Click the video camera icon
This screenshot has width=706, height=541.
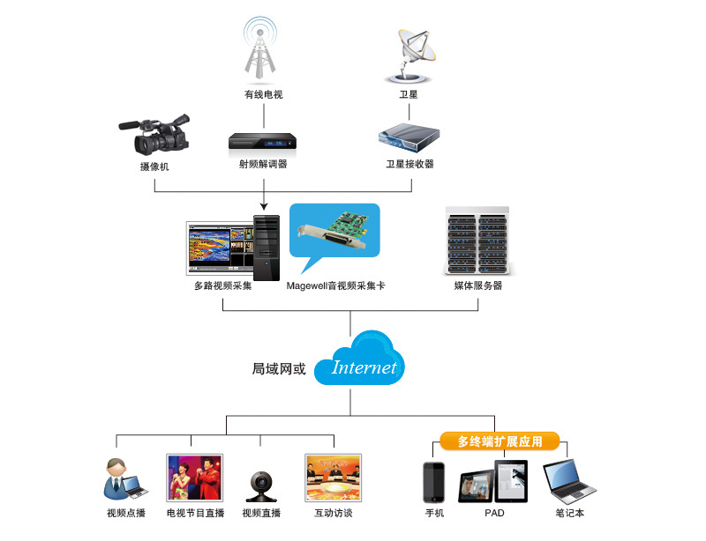pos(154,134)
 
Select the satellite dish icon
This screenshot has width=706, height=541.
pos(412,53)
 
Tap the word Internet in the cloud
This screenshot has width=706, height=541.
pos(364,367)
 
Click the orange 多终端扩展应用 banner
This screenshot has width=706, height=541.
pos(499,441)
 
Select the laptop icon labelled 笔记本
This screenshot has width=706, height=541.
pos(568,481)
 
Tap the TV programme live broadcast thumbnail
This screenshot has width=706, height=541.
pos(194,478)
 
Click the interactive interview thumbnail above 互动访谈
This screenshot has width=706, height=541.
pos(333,478)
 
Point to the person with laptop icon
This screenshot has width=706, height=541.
pos(121,480)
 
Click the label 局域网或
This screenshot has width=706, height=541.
pos(279,369)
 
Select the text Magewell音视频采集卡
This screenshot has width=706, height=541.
pos(336,286)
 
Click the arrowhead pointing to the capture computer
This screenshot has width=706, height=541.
pos(264,207)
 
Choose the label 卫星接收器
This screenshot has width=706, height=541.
pos(409,164)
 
